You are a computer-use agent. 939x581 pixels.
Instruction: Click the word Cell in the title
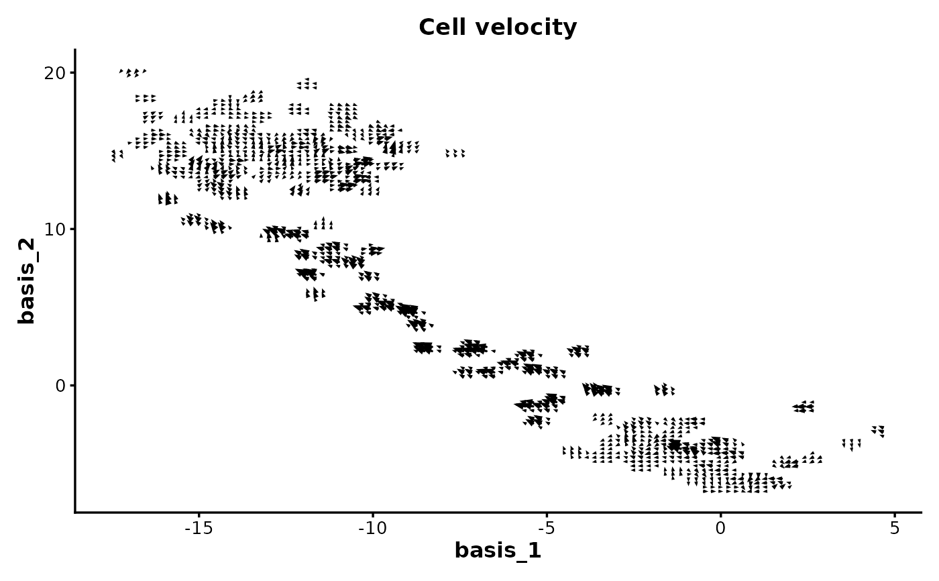441,28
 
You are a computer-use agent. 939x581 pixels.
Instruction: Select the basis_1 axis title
498,551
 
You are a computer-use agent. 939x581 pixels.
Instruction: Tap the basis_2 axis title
26,280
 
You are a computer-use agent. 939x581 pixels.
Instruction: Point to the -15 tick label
198,528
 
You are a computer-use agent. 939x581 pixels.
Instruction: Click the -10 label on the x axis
372,528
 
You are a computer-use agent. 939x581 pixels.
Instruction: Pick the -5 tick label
546,528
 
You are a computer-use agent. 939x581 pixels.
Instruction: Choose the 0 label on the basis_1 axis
720,528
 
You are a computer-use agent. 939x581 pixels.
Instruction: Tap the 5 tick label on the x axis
895,528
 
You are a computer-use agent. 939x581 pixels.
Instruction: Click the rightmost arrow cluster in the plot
878,431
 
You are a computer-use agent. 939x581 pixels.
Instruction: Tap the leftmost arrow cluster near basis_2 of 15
117,156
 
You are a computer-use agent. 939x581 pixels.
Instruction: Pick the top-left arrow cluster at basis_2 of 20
133,72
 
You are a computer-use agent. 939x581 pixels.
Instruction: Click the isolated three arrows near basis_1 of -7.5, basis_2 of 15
455,154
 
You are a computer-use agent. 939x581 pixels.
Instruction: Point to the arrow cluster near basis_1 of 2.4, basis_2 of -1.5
804,407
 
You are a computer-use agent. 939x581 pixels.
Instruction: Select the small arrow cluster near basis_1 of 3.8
851,444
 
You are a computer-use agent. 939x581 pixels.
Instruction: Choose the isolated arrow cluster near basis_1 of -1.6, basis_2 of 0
664,390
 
